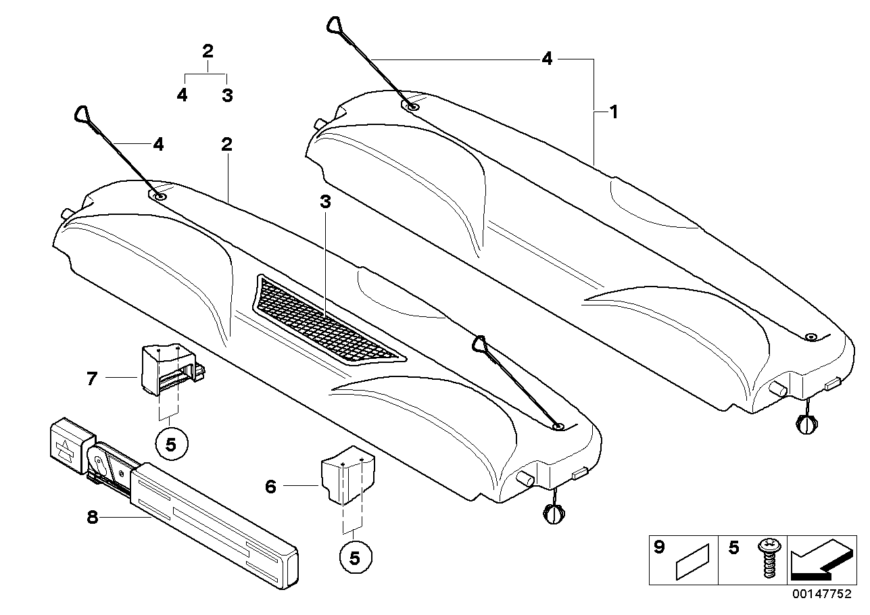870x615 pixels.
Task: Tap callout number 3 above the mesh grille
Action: click(326, 201)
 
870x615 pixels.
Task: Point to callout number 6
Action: click(270, 486)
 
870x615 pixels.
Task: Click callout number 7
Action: click(93, 378)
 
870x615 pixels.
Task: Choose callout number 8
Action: click(93, 518)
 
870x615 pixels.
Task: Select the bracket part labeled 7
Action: click(166, 371)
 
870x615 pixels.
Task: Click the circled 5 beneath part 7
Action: click(170, 444)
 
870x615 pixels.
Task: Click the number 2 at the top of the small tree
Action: click(208, 51)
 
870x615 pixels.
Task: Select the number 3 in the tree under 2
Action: click(227, 95)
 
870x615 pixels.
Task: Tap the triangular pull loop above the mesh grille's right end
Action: click(481, 344)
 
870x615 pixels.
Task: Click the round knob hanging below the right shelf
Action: click(806, 426)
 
